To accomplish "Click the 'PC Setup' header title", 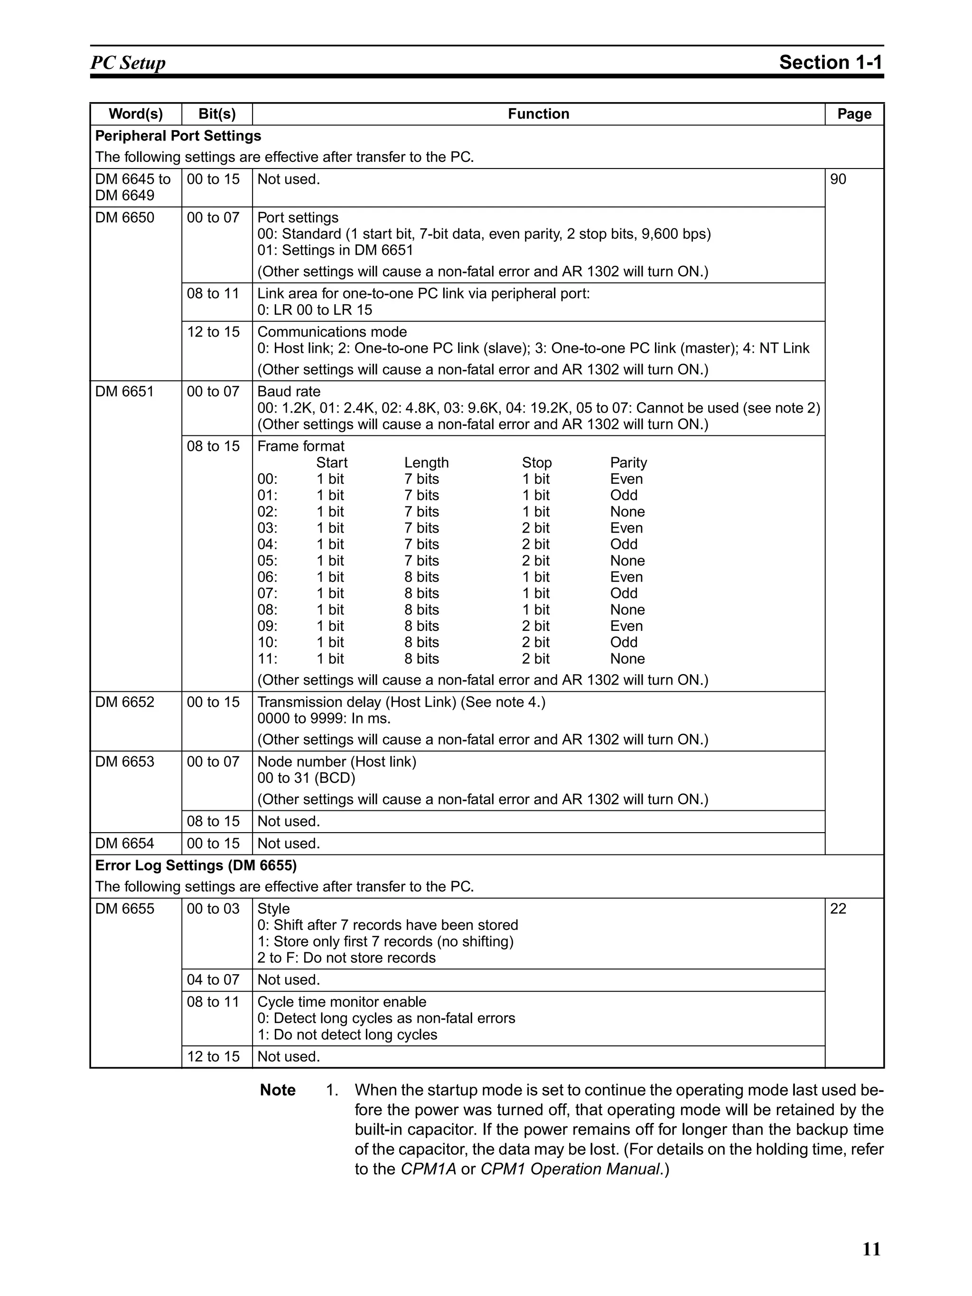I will tap(128, 62).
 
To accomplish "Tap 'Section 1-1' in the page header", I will tap(830, 62).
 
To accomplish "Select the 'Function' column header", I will tap(538, 113).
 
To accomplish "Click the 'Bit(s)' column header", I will tap(217, 113).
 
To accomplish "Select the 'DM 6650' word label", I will tap(124, 217).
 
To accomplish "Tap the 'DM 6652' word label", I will tap(124, 702).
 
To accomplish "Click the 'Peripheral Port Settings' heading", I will tap(178, 136).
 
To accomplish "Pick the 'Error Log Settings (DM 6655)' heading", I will tap(196, 865).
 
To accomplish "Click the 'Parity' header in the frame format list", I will tap(628, 463).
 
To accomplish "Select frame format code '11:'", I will tap(267, 658).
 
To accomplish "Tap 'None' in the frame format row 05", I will tap(627, 561).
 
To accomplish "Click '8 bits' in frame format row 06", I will tap(421, 577).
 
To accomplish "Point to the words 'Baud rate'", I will tap(289, 391).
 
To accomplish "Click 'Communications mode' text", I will tap(332, 332).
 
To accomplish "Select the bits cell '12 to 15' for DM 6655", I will tap(213, 1056).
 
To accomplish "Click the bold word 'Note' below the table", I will tap(278, 1090).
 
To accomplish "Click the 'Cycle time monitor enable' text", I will tap(342, 1002).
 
